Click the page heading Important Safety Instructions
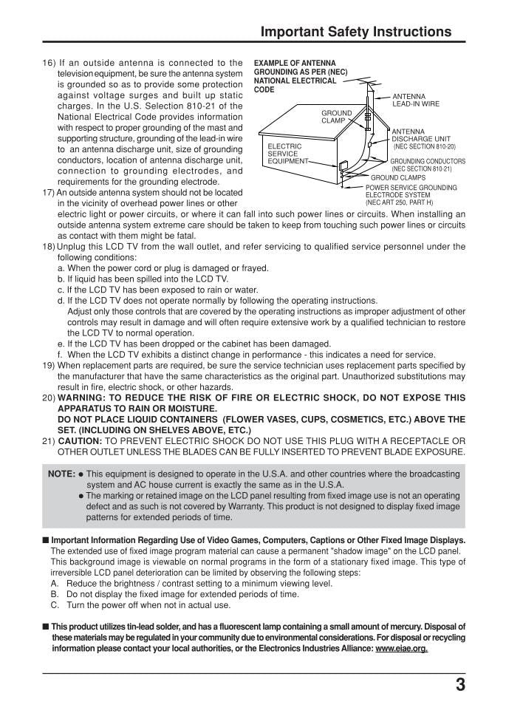tap(356, 31)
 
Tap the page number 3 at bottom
tap(460, 685)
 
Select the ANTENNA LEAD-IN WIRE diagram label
tap(415, 100)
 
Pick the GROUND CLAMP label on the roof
tap(336, 117)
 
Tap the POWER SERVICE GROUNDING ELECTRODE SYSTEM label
tap(411, 194)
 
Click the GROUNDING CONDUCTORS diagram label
tap(427, 161)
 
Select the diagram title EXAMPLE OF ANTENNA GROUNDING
tap(295, 76)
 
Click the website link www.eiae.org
tap(401, 649)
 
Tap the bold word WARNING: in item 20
tap(81, 398)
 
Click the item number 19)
tap(49, 365)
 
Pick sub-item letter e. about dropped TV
tap(61, 344)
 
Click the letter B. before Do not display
tap(55, 594)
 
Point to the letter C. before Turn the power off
tap(55, 605)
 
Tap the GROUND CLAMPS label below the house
tap(397, 177)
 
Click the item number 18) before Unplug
tap(49, 247)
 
